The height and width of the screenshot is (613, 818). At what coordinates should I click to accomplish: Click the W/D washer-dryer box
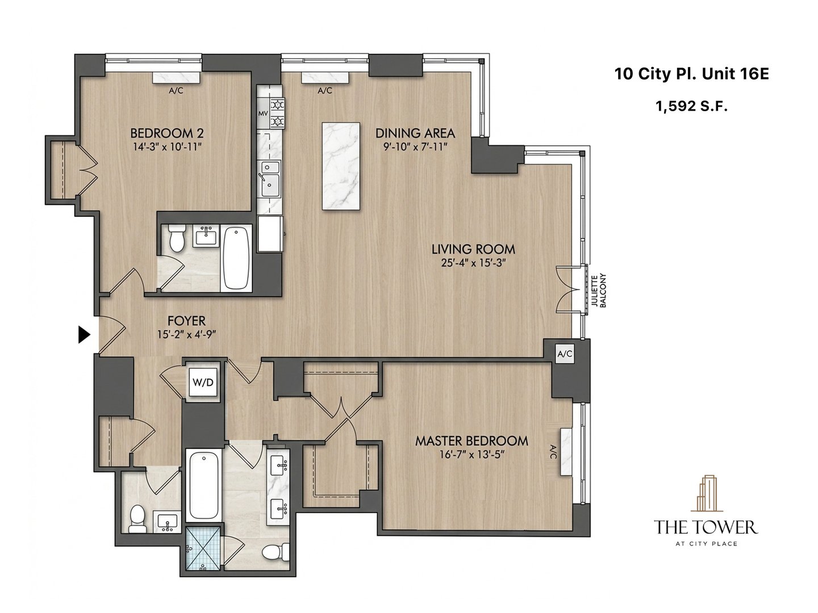tap(203, 383)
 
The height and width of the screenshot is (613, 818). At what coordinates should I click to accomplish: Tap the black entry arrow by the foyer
tap(84, 335)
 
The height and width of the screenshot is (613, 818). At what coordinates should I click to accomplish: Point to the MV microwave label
tap(263, 114)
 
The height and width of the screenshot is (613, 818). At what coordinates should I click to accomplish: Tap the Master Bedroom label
tap(471, 440)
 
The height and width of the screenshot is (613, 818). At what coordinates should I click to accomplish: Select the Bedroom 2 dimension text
tap(166, 147)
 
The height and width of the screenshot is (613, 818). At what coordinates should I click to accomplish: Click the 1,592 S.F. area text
tap(691, 106)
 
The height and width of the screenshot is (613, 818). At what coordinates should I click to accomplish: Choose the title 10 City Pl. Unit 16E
tap(691, 74)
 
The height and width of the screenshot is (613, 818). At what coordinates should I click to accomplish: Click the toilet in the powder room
tap(136, 519)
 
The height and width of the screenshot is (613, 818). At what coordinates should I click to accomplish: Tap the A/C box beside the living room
tap(565, 354)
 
